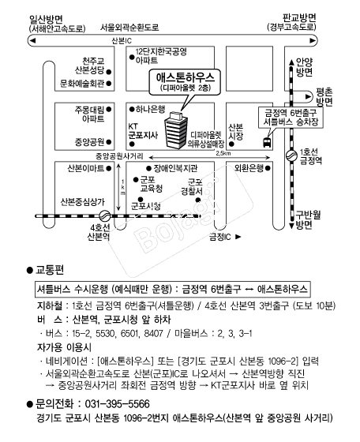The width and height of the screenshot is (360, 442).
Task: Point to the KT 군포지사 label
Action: (x=142, y=130)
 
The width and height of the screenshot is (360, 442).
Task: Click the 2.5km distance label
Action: (x=224, y=153)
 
